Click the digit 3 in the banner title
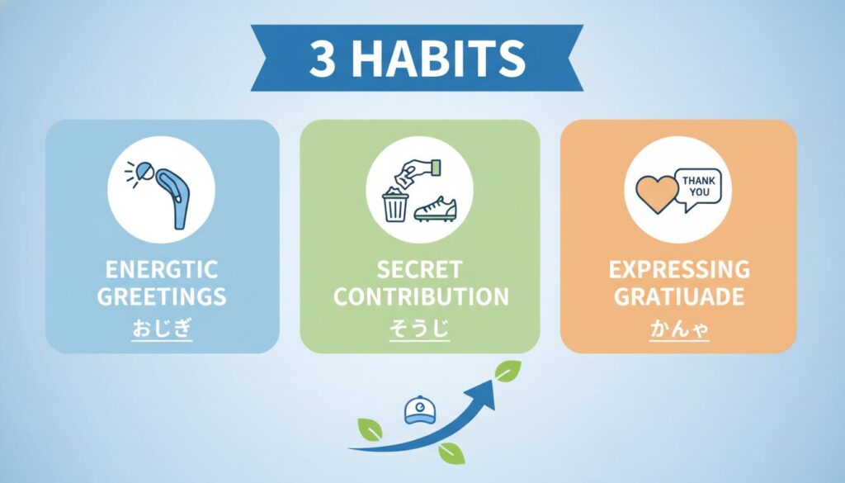(323, 58)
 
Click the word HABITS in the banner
(439, 58)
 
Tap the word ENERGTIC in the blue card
(162, 269)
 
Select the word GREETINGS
(162, 296)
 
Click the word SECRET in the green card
(419, 269)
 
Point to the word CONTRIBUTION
(421, 296)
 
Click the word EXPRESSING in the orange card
(679, 269)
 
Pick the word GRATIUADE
(679, 296)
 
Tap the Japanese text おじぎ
(163, 328)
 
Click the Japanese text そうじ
(419, 328)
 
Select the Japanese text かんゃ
(679, 329)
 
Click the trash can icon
(395, 205)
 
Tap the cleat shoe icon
(435, 209)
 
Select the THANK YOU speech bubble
(698, 189)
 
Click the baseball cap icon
(420, 410)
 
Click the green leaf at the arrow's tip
(507, 371)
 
